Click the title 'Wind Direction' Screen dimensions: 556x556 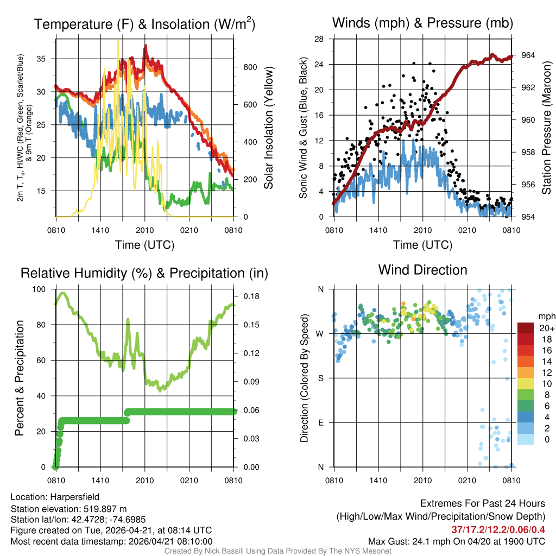coord(422,270)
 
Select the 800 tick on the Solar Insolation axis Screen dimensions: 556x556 coord(249,67)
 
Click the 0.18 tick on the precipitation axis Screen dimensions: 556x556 coord(249,296)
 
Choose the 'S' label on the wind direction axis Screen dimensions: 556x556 coord(320,378)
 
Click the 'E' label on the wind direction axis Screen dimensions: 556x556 coord(320,422)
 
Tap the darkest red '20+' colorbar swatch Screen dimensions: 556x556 coord(526,328)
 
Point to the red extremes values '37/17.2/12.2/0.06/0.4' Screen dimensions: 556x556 coord(498,529)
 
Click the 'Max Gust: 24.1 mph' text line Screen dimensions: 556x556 coord(456,541)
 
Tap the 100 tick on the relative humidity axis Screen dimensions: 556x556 coord(41,289)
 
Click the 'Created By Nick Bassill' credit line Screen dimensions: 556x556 coord(277,551)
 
